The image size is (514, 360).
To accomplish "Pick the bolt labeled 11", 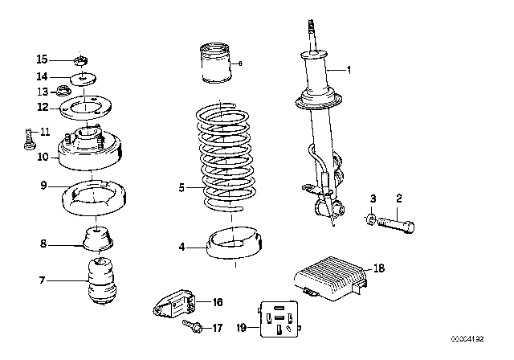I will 27,139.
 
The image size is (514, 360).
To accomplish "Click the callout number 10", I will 43,157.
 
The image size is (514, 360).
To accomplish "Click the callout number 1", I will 349,70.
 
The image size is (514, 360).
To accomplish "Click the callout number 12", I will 43,106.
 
